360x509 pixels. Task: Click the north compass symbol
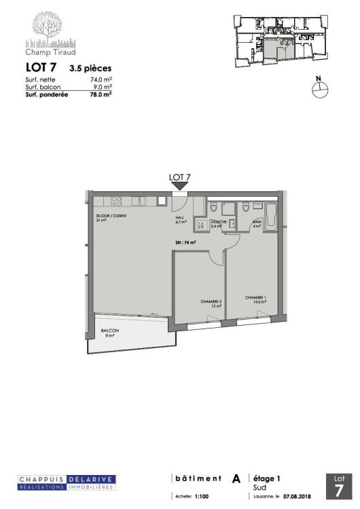(x=319, y=90)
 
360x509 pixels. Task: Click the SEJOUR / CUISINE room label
(x=111, y=216)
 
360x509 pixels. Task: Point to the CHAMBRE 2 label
(x=211, y=302)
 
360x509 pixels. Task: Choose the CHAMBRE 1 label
(x=256, y=297)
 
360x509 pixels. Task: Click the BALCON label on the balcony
(x=109, y=331)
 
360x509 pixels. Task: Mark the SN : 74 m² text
(x=185, y=242)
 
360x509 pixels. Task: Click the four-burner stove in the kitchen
(x=116, y=201)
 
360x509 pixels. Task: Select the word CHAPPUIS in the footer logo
(x=41, y=479)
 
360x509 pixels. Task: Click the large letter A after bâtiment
(x=236, y=479)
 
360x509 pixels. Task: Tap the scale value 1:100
(x=202, y=497)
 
